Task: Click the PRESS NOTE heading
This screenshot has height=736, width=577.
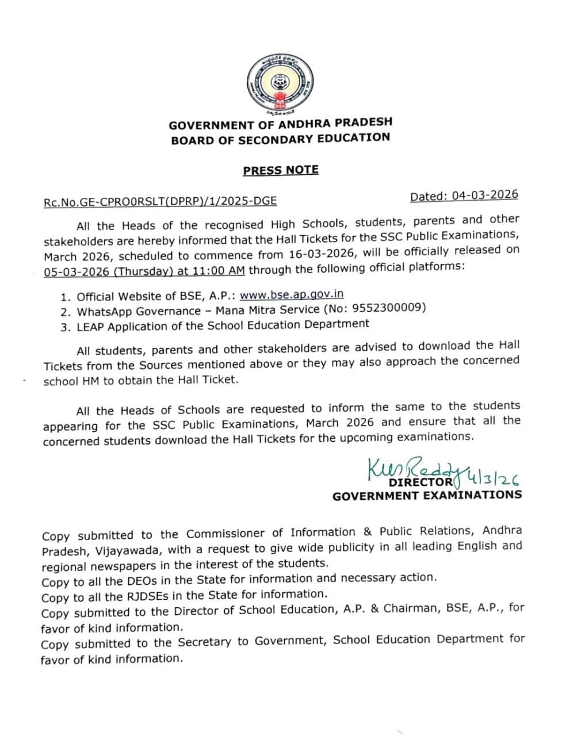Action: [x=280, y=170]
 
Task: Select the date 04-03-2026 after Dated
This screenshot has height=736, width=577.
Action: [x=484, y=195]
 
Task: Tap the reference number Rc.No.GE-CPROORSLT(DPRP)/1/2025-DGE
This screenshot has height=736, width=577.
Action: [x=160, y=201]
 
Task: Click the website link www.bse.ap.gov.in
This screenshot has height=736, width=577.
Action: [x=292, y=294]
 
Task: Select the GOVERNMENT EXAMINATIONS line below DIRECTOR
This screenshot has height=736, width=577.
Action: [x=427, y=495]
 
